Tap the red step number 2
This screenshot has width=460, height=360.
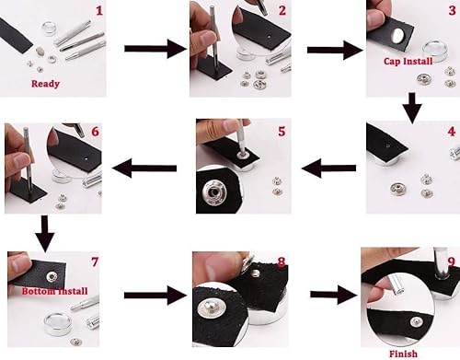(x=282, y=12)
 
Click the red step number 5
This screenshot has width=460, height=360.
(x=282, y=132)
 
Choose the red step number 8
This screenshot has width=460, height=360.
(x=281, y=262)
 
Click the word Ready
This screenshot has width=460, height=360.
(x=45, y=84)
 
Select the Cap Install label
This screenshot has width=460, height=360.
(x=408, y=62)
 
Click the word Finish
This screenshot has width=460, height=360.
(x=403, y=354)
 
